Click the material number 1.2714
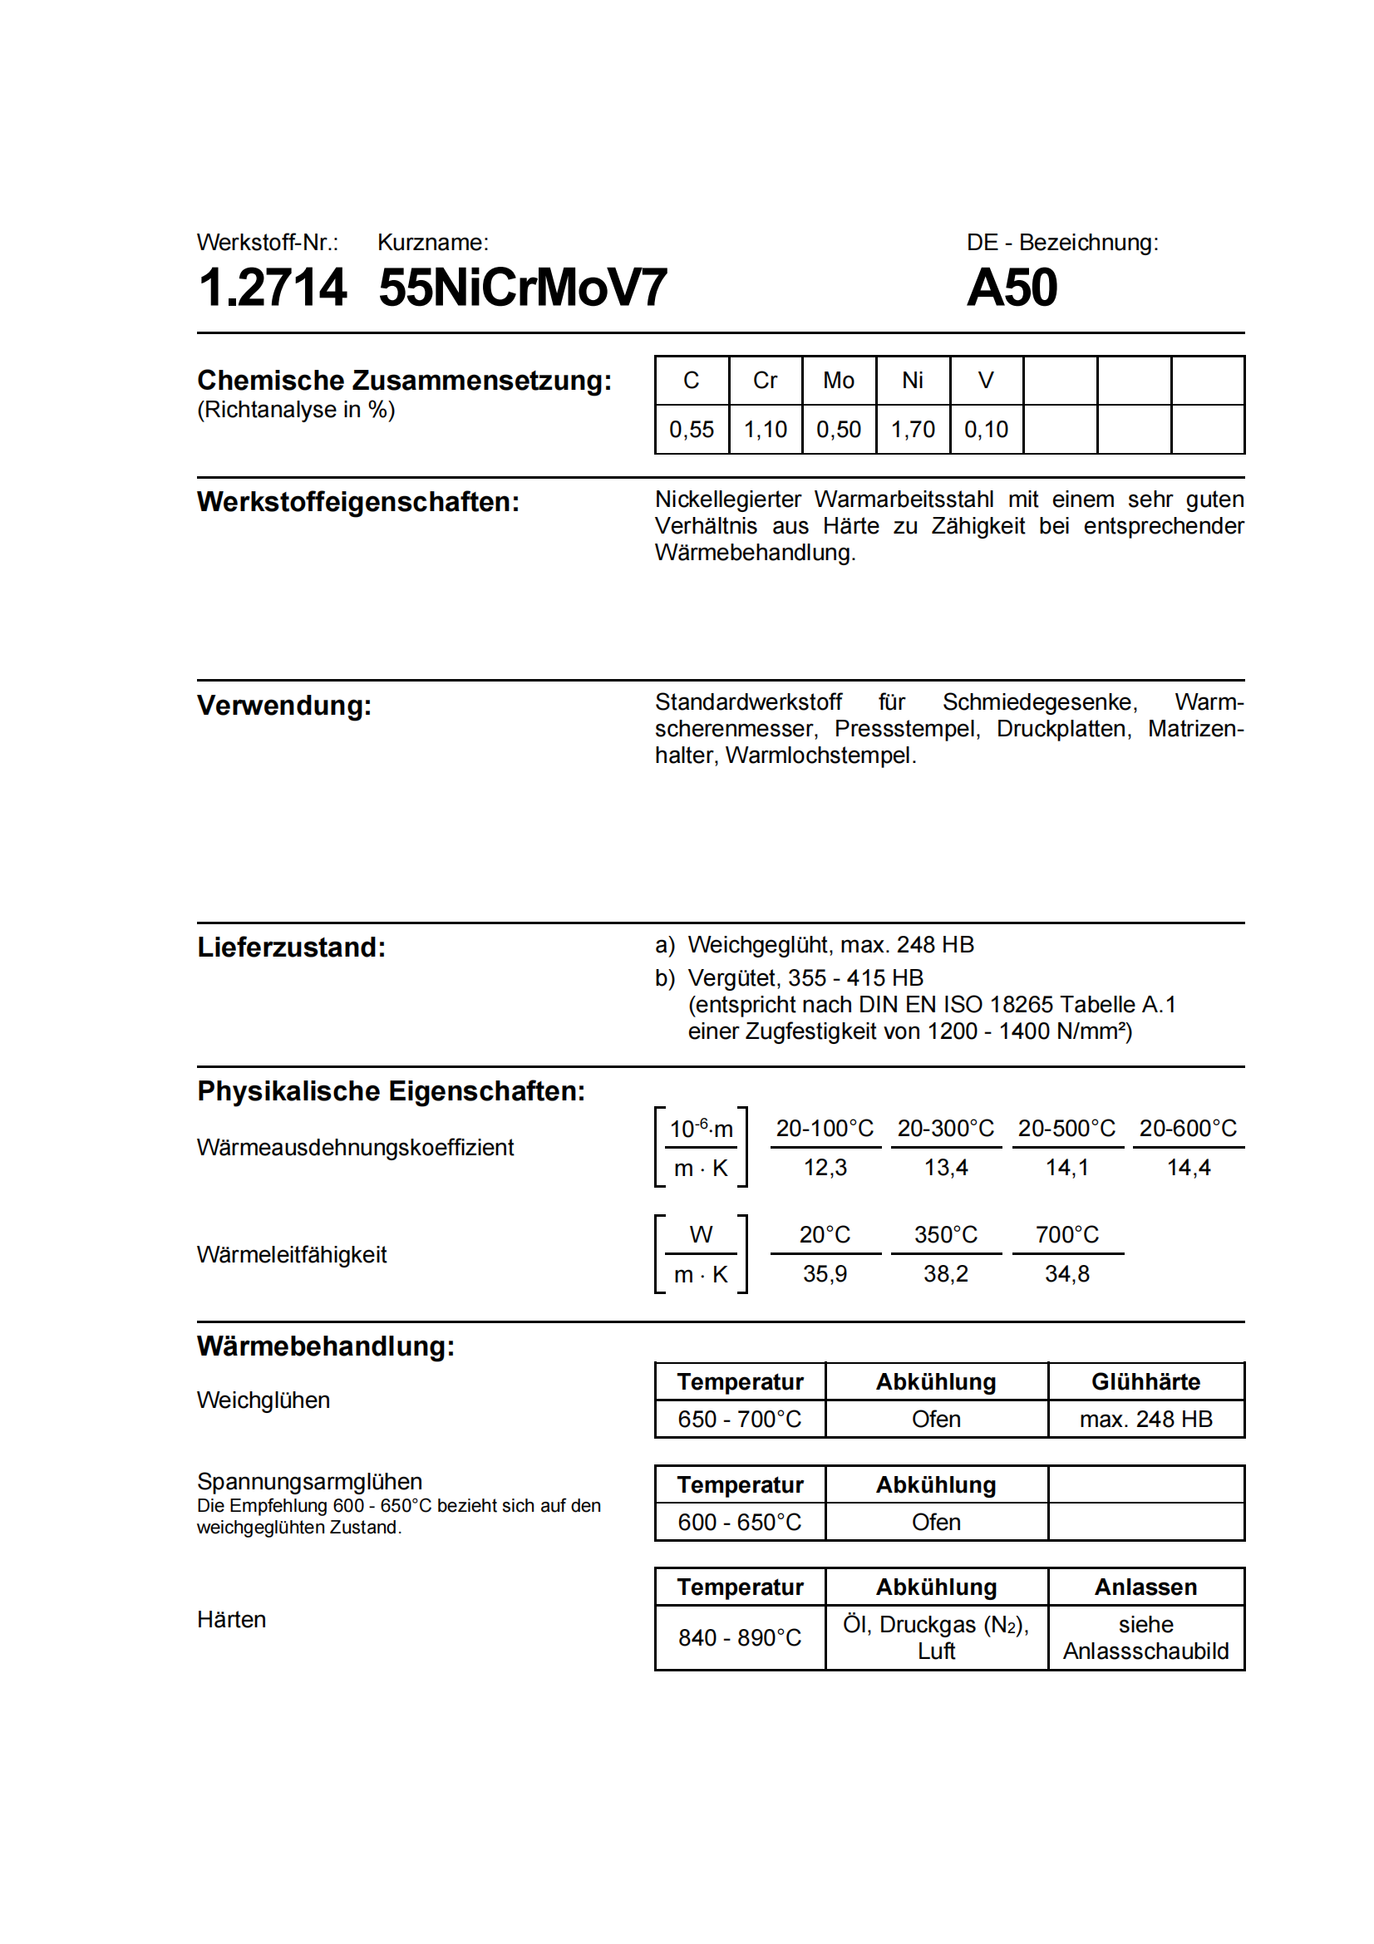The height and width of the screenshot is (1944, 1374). (x=272, y=288)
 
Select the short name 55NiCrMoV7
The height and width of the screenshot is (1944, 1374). (x=522, y=288)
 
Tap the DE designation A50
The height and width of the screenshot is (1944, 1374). (x=1012, y=288)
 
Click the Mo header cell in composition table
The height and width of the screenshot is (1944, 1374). (x=838, y=381)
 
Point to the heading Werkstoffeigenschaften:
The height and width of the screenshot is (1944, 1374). (x=358, y=502)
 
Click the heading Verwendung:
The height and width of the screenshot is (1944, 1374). (x=284, y=706)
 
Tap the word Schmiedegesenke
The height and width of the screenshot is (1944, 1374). (x=1040, y=702)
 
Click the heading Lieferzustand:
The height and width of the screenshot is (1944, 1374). (x=291, y=947)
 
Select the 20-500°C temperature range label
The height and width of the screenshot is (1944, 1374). (x=1066, y=1129)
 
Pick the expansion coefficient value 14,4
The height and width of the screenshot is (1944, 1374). (x=1188, y=1168)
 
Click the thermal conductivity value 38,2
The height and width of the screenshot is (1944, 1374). (x=946, y=1274)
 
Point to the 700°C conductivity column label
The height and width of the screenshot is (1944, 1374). (x=1066, y=1235)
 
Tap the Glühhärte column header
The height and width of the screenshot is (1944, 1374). (x=1145, y=1382)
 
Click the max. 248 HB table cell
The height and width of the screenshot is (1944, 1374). (x=1145, y=1419)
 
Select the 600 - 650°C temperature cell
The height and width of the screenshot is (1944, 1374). (x=739, y=1523)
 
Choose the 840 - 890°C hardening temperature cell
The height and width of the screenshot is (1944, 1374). (x=739, y=1637)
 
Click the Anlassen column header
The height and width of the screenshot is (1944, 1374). (x=1145, y=1587)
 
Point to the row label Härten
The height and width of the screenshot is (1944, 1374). (x=231, y=1620)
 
